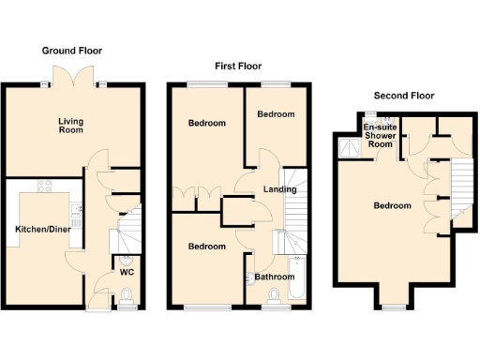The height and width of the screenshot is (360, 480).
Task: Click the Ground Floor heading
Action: click(71, 51)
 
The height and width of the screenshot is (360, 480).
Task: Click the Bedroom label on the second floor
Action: click(392, 206)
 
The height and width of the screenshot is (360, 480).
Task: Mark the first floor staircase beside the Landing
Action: click(295, 202)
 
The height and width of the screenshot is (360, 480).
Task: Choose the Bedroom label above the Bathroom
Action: click(206, 247)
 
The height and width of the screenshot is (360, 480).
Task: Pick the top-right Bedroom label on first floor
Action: click(276, 114)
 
